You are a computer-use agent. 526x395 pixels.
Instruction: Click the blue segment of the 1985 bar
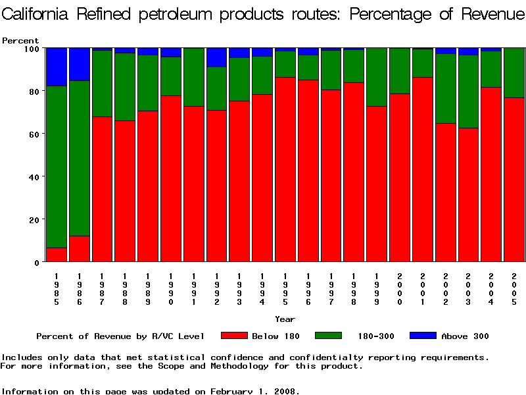point(57,66)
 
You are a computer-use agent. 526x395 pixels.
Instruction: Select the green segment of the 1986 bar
point(80,158)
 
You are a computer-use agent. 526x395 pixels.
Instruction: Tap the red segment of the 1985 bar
point(57,255)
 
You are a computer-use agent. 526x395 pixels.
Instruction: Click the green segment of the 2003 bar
point(468,92)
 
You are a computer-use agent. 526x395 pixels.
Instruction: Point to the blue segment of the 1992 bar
point(216,57)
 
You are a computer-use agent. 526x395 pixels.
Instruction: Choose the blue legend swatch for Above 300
point(422,336)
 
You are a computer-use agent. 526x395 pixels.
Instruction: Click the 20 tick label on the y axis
point(34,219)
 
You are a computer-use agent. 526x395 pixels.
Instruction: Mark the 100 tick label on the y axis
point(31,48)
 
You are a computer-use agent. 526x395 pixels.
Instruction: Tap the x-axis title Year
point(285,319)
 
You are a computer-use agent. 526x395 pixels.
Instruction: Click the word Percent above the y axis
point(20,41)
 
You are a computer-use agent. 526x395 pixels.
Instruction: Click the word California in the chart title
point(40,14)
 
